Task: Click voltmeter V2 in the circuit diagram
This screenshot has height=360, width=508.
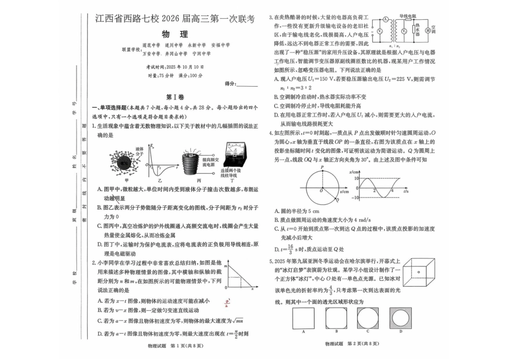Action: tap(405, 31)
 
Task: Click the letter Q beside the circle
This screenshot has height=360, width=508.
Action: tap(337, 200)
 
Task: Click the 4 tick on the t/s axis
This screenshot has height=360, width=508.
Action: tap(392, 190)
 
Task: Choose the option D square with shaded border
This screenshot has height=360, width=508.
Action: tap(401, 318)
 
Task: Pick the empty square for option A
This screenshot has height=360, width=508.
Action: tap(303, 318)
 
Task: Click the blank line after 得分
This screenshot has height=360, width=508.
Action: tap(247, 84)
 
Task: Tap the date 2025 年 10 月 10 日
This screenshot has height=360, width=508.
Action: tap(183, 67)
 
